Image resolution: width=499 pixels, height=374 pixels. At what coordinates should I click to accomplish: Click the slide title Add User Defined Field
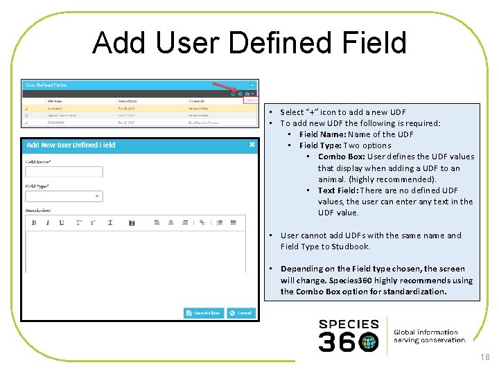[249, 43]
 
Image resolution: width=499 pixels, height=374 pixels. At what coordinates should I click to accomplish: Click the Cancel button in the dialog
[240, 313]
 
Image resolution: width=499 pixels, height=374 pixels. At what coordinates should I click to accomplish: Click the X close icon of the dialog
[252, 145]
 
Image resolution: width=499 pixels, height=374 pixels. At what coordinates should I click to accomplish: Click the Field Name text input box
[64, 172]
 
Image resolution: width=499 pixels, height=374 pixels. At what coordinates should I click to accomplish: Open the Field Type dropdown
[64, 197]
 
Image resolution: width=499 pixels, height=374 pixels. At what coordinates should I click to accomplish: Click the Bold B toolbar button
[34, 222]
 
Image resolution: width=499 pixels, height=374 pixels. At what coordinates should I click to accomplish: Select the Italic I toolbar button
[47, 222]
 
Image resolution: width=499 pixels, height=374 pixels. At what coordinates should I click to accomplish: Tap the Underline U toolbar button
[61, 222]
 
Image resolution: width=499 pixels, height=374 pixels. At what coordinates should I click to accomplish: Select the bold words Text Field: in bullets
[338, 190]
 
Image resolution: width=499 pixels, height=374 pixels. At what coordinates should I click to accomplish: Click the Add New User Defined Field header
[71, 145]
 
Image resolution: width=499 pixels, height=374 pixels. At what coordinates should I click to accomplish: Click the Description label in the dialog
[38, 210]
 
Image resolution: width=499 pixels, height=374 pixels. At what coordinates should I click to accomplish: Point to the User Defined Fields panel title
[46, 85]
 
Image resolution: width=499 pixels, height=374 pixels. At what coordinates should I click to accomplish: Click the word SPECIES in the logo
[349, 324]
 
